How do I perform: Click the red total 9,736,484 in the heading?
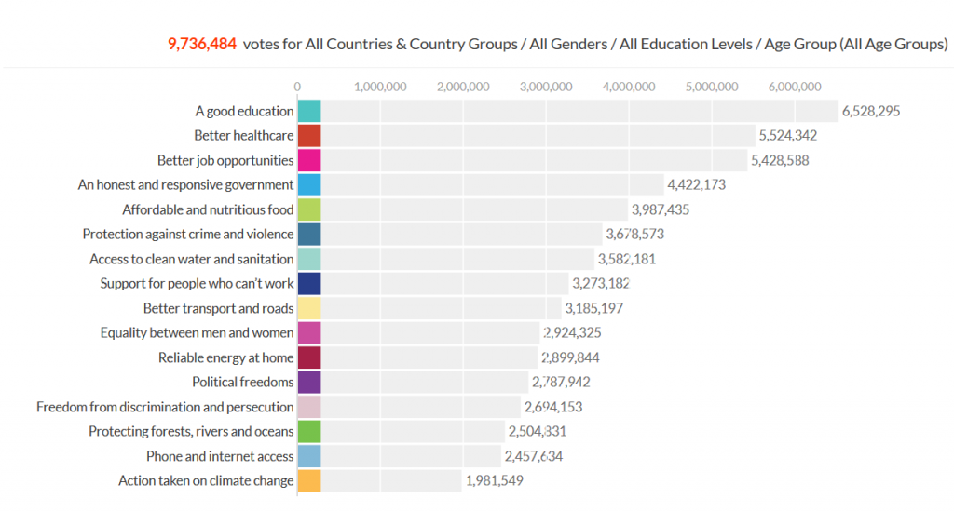tap(202, 44)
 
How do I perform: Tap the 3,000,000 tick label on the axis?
tap(546, 87)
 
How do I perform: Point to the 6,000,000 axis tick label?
tap(795, 87)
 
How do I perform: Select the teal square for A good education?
tap(309, 111)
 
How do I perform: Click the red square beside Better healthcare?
tap(309, 136)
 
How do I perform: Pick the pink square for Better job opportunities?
tap(309, 160)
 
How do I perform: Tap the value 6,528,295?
tap(871, 111)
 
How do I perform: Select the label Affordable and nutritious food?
tap(208, 209)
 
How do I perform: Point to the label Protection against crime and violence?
tap(188, 235)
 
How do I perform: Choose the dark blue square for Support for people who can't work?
tap(309, 283)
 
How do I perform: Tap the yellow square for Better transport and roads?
tap(309, 308)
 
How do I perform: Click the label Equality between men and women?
tap(197, 332)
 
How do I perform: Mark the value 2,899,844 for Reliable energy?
tap(570, 357)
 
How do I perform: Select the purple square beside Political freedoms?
tap(309, 382)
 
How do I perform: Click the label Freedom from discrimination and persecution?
tap(165, 407)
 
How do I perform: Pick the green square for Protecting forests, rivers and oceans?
tap(309, 431)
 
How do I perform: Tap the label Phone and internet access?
tap(220, 456)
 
